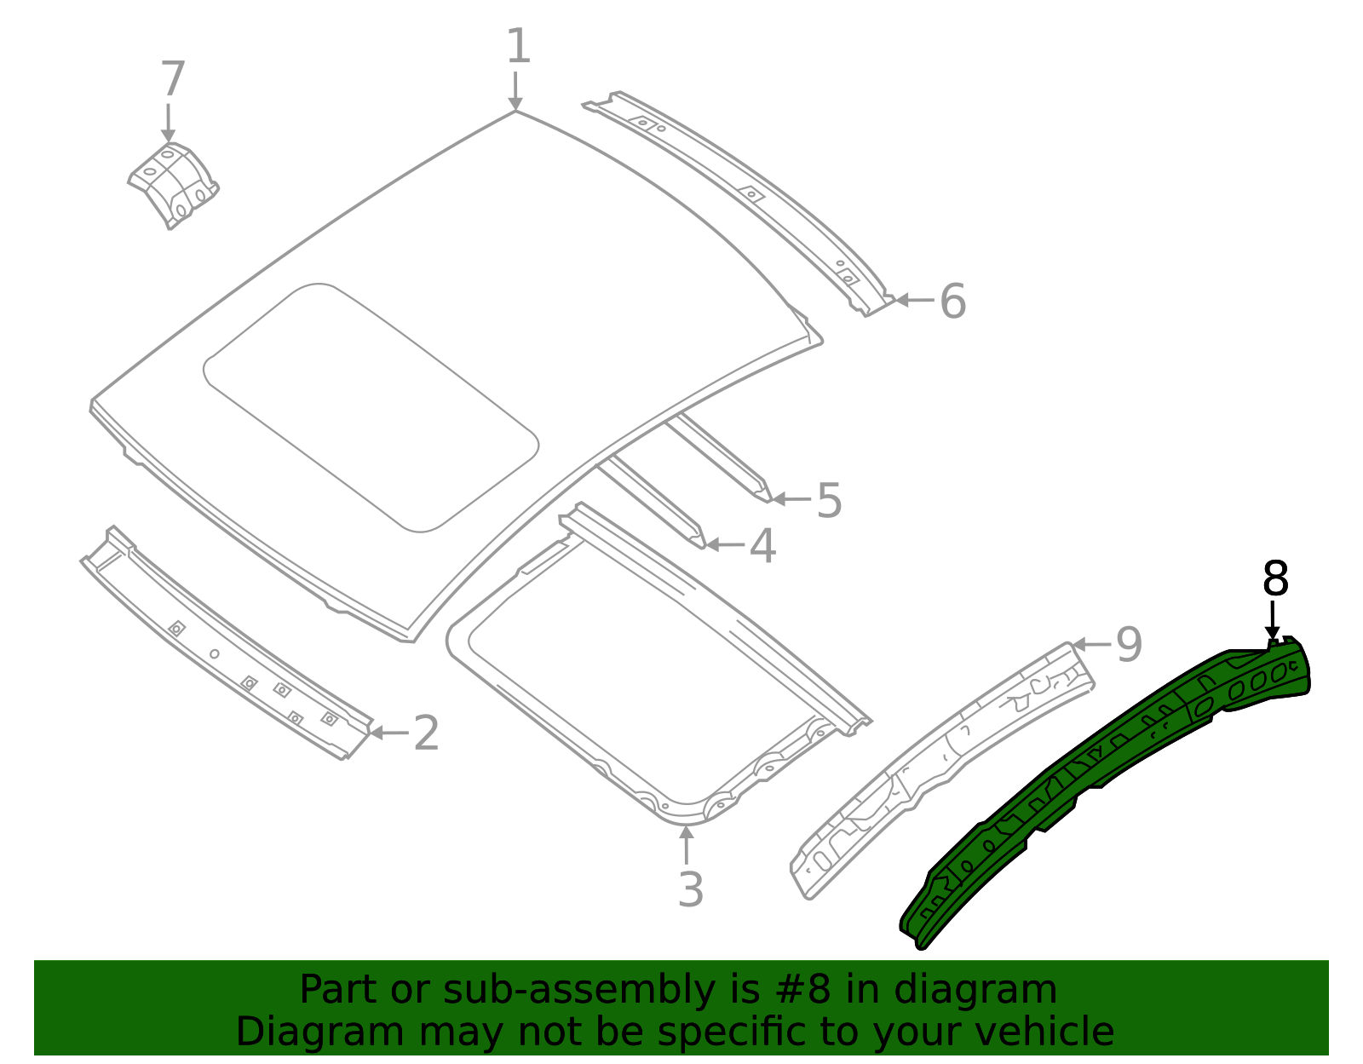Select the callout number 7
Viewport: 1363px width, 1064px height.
173,80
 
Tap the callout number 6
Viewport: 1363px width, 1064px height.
952,302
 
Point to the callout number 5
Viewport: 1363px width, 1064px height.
829,500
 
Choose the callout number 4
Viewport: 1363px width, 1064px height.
762,546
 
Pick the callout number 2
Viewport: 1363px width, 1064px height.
426,733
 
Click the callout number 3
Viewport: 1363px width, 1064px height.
690,890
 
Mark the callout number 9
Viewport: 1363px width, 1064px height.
1129,645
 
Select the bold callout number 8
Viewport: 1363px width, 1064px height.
1275,579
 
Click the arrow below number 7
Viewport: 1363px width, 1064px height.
168,123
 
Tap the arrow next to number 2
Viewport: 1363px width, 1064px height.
388,733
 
